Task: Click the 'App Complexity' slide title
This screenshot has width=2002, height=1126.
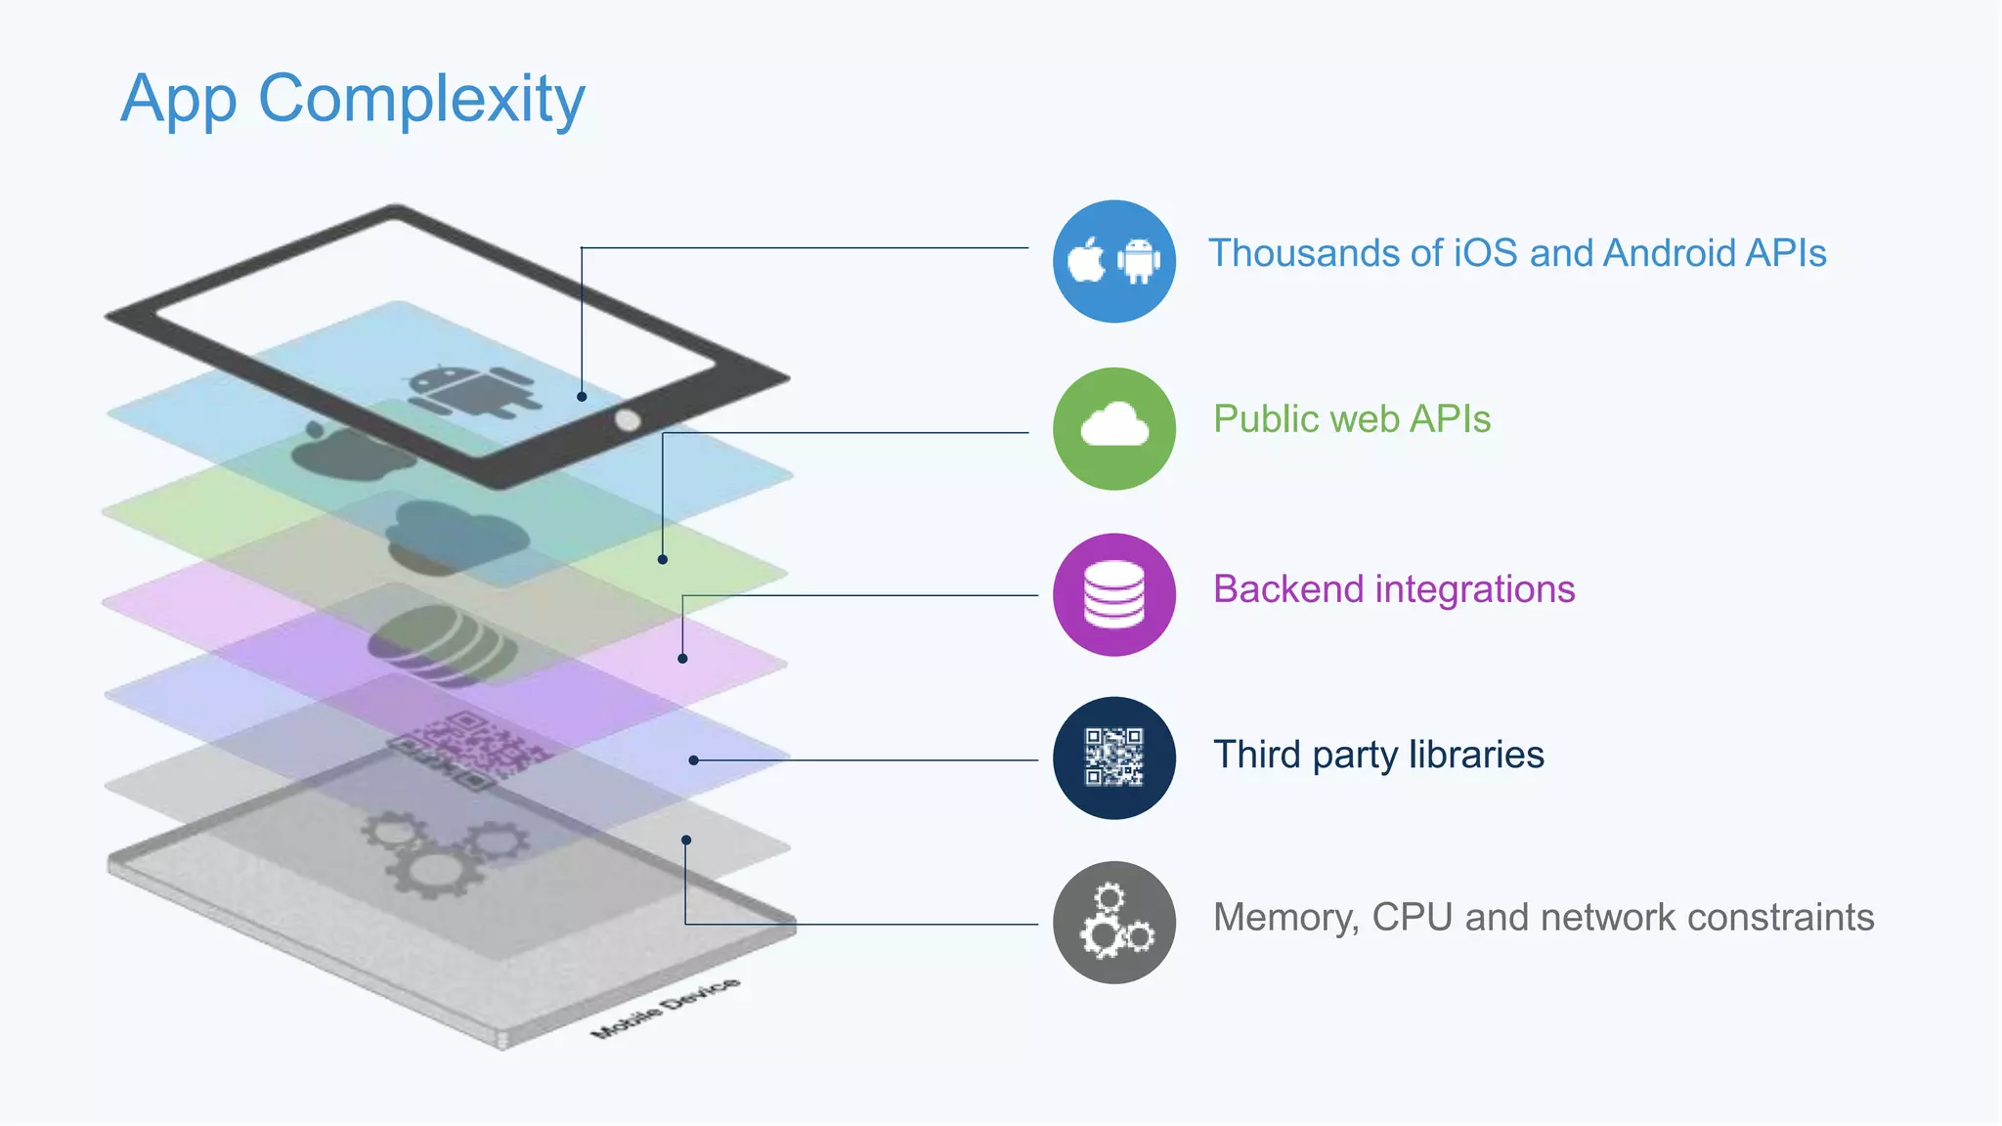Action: (x=353, y=100)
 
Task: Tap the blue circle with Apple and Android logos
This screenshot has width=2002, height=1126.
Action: (x=1113, y=261)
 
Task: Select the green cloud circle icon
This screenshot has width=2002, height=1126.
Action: (x=1113, y=428)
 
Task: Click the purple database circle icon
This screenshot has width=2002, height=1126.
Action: (x=1113, y=594)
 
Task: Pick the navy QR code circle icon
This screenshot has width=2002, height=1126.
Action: (x=1113, y=758)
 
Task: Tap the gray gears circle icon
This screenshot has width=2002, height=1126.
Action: (x=1113, y=922)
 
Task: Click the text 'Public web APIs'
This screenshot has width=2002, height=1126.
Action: (x=1351, y=419)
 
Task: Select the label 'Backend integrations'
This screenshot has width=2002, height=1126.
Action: (x=1393, y=589)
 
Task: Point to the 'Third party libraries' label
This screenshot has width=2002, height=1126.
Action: (x=1378, y=755)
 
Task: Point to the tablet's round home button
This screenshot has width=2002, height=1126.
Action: (x=628, y=420)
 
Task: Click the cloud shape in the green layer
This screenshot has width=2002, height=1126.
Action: (x=457, y=536)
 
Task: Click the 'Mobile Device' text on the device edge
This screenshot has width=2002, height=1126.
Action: (x=666, y=1007)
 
